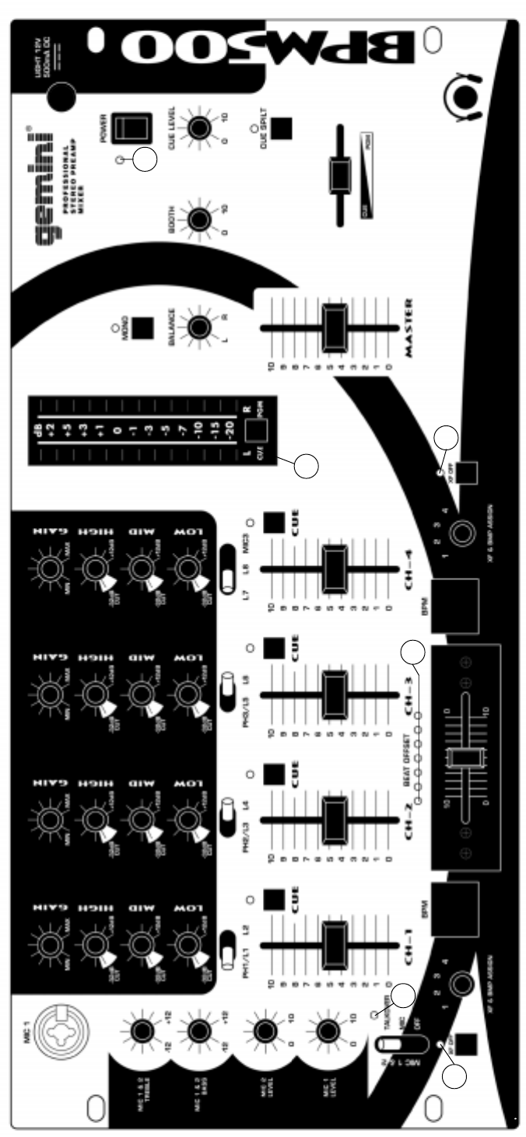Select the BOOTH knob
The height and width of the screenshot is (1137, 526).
click(x=197, y=220)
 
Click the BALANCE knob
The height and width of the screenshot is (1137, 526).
click(x=197, y=328)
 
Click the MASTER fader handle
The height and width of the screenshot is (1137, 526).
click(x=336, y=327)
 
